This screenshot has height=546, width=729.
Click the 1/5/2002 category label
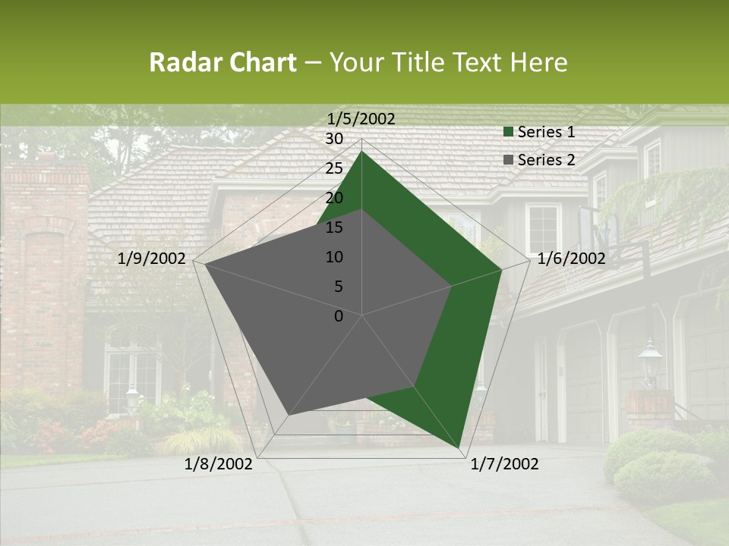tap(361, 119)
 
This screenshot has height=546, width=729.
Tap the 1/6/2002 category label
tap(571, 259)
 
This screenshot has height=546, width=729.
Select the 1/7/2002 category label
tap(504, 464)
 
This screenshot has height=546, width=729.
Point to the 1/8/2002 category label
tap(219, 464)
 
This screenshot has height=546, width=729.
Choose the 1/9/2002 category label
tap(152, 259)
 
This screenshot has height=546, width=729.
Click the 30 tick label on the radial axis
tap(334, 139)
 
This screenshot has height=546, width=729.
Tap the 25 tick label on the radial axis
tap(334, 168)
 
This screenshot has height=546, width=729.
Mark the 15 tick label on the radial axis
tap(334, 227)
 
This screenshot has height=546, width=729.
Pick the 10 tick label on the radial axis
tap(334, 257)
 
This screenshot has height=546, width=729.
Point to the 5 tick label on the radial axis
tap(339, 287)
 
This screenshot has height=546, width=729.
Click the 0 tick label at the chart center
tap(339, 316)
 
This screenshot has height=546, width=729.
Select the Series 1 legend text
tap(546, 132)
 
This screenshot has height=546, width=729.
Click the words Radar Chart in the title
tap(222, 63)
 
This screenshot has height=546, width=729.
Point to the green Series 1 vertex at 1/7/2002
tap(460, 448)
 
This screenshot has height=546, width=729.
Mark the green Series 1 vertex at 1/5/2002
tap(361, 151)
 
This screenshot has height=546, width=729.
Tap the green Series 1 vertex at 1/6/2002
tap(501, 269)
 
